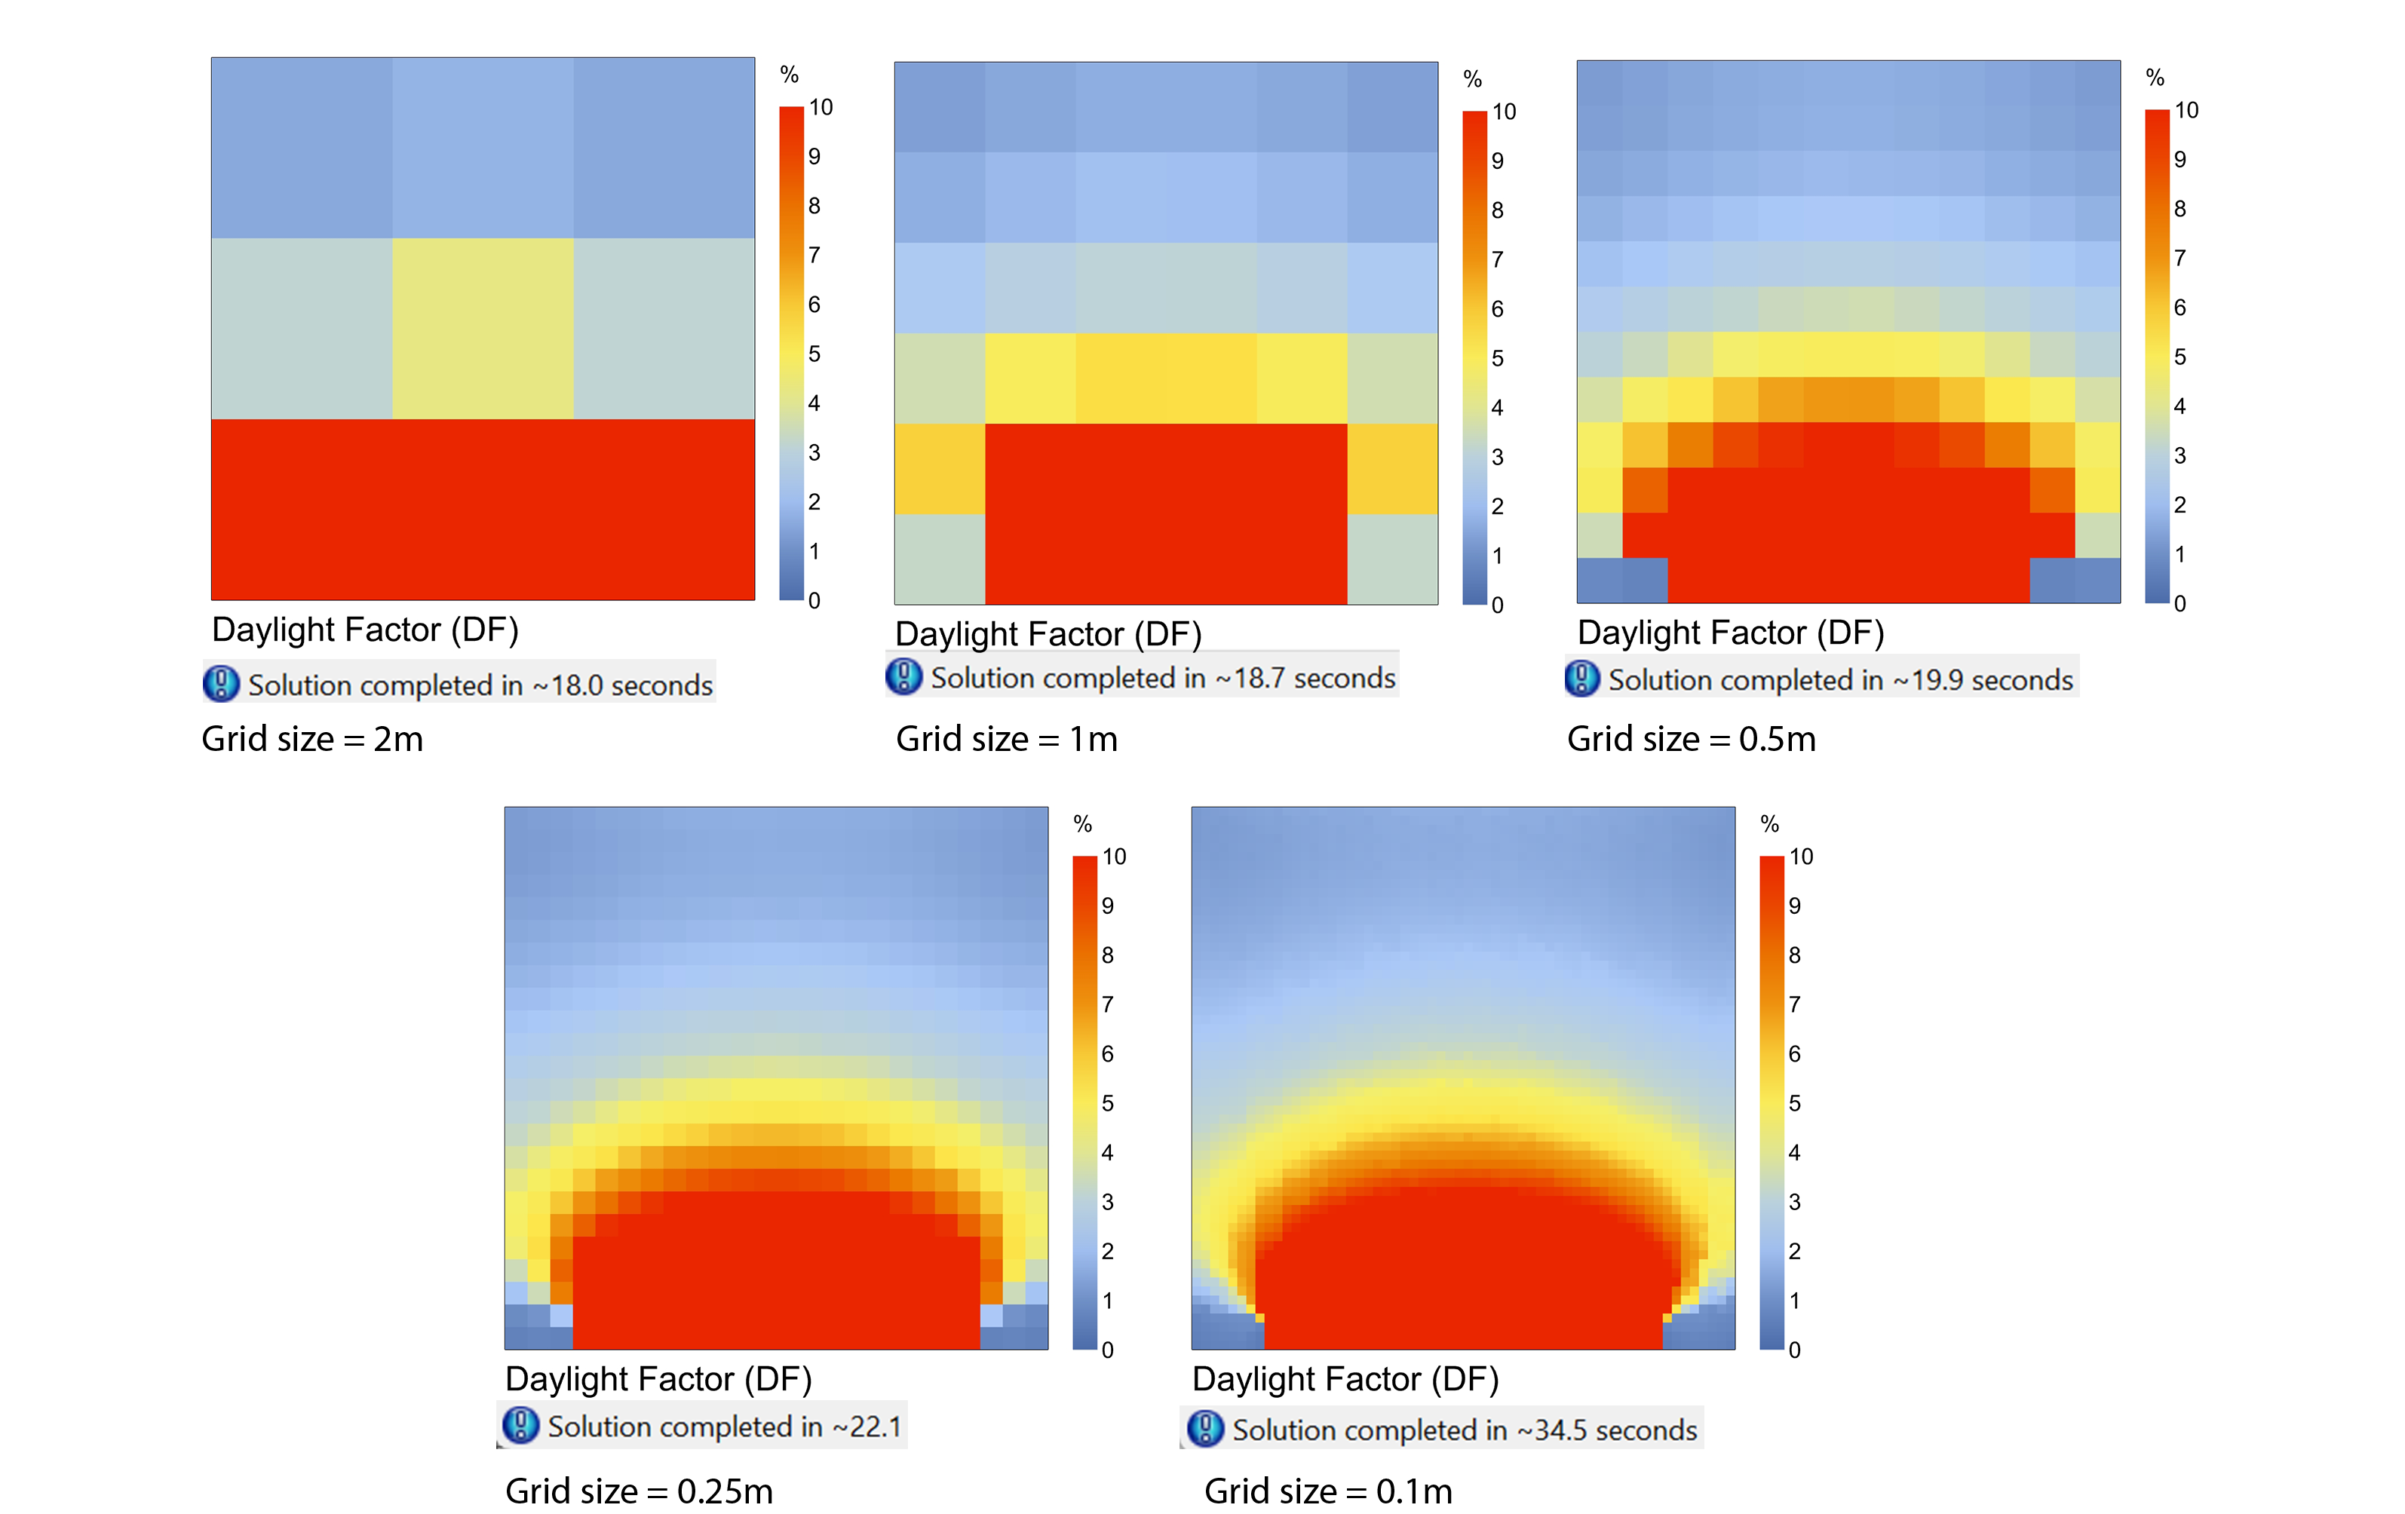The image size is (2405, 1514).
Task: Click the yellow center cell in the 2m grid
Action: (483, 329)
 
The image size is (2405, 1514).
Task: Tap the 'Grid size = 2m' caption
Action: (313, 739)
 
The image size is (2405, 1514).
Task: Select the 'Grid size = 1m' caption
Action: (1006, 739)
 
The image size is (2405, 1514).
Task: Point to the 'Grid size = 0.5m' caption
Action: (1691, 739)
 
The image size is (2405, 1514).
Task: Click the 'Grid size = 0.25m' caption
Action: (640, 1491)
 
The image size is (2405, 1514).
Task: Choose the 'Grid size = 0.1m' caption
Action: (1327, 1491)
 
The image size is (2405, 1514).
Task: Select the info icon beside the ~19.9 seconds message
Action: (1582, 679)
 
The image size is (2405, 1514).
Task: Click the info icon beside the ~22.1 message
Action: (520, 1425)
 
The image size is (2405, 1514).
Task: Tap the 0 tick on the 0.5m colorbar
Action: (2180, 603)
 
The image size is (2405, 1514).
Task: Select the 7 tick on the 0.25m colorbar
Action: (1108, 1004)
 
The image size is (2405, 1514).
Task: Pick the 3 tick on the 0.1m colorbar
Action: (1795, 1201)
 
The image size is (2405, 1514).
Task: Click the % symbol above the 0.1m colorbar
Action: (1770, 824)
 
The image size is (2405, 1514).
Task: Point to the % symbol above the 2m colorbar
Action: (789, 75)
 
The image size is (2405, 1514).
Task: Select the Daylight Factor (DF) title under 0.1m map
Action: (1345, 1379)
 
